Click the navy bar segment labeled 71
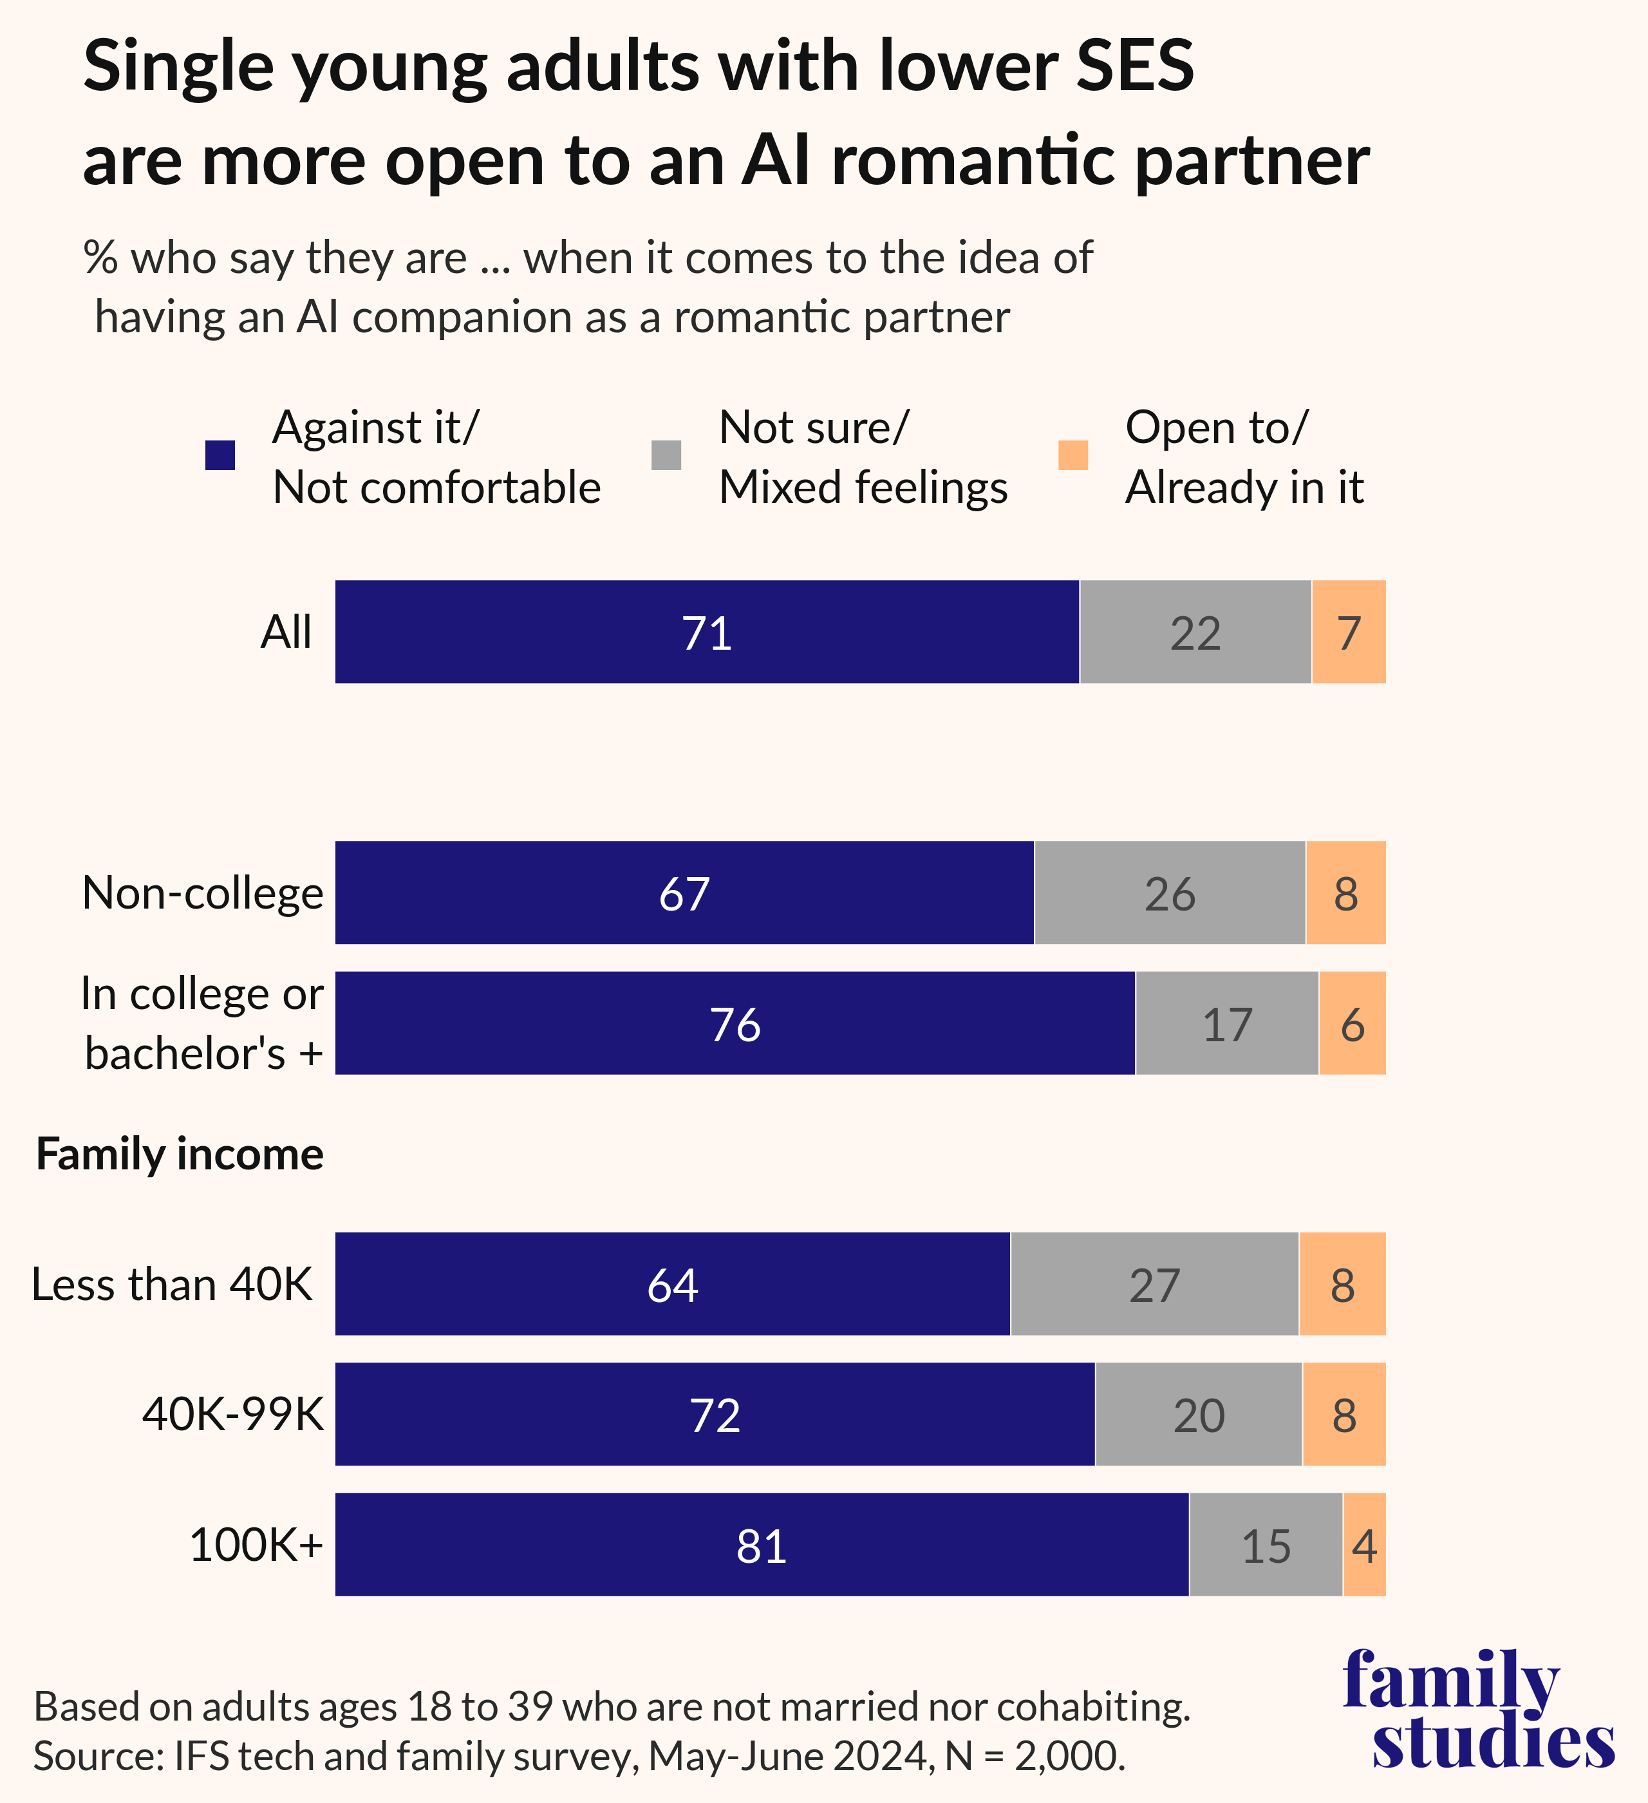pos(706,632)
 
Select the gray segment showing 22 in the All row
pos(1195,632)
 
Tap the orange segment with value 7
pos(1349,632)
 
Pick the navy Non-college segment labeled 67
pos(684,892)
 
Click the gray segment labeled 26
pos(1170,892)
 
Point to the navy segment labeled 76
pos(735,1023)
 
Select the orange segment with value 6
pos(1352,1023)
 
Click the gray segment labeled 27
pos(1154,1284)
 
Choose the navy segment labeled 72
pos(715,1415)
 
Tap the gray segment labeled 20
pos(1198,1415)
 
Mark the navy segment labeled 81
pos(762,1545)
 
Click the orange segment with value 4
pos(1363,1545)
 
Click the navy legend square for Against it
pos(220,455)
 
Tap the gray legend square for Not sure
pos(666,455)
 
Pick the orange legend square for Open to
pos(1073,455)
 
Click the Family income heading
pos(180,1154)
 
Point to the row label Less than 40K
pos(173,1284)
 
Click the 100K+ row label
pos(256,1545)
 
